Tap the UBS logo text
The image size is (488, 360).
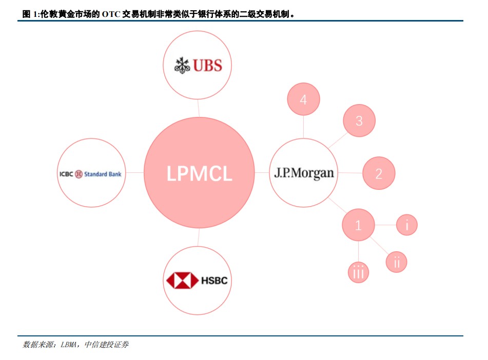(208, 66)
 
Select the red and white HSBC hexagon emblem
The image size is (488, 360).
(182, 281)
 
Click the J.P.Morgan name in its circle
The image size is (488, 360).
(304, 173)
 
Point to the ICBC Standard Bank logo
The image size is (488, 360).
(90, 174)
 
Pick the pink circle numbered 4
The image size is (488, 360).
(303, 99)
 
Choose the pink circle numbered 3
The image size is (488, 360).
(359, 121)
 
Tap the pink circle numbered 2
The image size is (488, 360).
(379, 173)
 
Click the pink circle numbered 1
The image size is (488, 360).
(358, 225)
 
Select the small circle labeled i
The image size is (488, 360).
(407, 225)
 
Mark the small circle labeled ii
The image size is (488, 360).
(397, 262)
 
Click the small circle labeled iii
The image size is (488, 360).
(358, 272)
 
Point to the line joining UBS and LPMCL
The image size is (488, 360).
(198, 107)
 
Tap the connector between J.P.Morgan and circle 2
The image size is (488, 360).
(350, 173)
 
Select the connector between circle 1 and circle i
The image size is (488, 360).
(386, 225)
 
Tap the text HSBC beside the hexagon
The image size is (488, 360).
(214, 281)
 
